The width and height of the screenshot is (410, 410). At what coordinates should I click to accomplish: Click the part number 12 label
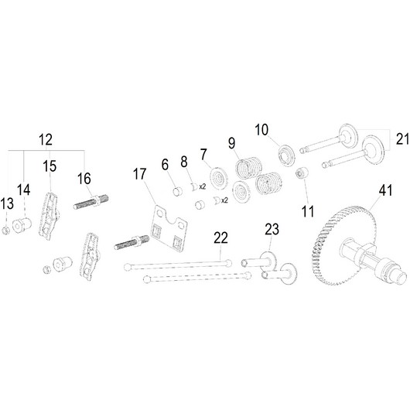(46, 140)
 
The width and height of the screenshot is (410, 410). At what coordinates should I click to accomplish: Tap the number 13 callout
(7, 203)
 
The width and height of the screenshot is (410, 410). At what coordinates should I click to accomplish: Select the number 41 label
(386, 190)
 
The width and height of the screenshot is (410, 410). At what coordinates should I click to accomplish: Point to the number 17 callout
(139, 174)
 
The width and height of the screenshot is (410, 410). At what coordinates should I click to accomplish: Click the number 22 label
(221, 238)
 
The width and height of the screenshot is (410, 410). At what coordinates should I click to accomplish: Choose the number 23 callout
(272, 229)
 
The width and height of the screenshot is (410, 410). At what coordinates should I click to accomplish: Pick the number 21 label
(403, 138)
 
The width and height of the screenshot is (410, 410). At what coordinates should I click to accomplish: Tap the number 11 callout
(308, 211)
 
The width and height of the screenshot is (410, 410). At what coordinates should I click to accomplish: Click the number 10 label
(261, 130)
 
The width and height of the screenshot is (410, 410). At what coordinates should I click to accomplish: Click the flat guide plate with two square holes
(169, 228)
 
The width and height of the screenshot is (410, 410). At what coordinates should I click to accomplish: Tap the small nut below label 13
(5, 231)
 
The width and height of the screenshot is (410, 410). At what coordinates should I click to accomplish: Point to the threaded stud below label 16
(91, 202)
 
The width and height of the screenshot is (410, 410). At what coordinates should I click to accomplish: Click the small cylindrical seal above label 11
(302, 173)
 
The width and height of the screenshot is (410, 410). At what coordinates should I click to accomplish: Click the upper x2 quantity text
(203, 186)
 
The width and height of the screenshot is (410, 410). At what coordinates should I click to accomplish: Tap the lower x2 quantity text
(224, 200)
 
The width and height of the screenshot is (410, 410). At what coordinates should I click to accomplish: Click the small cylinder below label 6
(178, 191)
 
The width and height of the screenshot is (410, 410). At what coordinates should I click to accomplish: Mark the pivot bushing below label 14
(22, 225)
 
